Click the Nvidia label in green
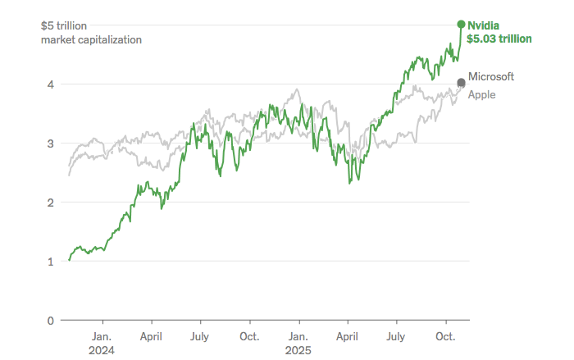(x=483, y=25)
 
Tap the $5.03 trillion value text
(x=499, y=39)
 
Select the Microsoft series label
(x=490, y=76)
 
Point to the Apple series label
(x=481, y=94)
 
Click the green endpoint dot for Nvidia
(x=461, y=24)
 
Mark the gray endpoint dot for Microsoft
(x=461, y=81)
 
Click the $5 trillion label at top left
(x=64, y=25)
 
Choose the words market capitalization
(x=91, y=39)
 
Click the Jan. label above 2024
(x=102, y=336)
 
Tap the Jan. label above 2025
(x=298, y=336)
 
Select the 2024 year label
(x=102, y=350)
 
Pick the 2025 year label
(x=298, y=350)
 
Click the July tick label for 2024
(x=199, y=336)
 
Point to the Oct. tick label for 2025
(x=445, y=336)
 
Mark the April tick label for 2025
(x=348, y=336)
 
